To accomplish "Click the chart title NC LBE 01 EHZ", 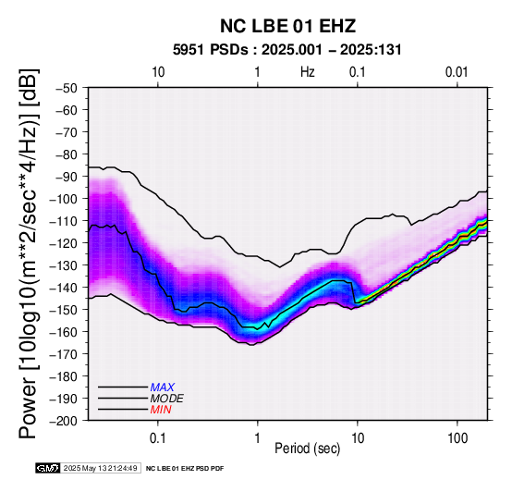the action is click(x=287, y=26).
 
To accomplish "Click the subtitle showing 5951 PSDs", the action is click(x=287, y=50).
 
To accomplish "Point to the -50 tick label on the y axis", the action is click(x=67, y=88).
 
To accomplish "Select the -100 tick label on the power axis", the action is click(x=64, y=199).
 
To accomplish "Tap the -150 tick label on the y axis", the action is click(x=64, y=310).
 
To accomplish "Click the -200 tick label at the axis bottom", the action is click(x=64, y=421).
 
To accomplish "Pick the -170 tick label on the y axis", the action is click(x=64, y=354).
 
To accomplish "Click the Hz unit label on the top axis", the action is click(x=307, y=72).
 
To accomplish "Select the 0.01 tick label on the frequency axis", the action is click(x=457, y=72).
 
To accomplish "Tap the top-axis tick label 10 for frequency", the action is click(x=158, y=72).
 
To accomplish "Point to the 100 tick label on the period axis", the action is click(x=457, y=438).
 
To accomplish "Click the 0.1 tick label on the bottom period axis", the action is click(x=158, y=438).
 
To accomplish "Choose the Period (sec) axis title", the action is click(x=307, y=449).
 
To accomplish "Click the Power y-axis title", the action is click(x=29, y=254).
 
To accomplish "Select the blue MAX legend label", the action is click(x=163, y=387).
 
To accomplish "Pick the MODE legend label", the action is click(x=167, y=399).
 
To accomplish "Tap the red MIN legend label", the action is click(x=161, y=410).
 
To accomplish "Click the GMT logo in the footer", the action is click(x=48, y=468).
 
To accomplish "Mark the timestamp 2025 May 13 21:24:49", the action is click(x=100, y=468).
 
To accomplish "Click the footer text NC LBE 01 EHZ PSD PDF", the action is click(x=185, y=469).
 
